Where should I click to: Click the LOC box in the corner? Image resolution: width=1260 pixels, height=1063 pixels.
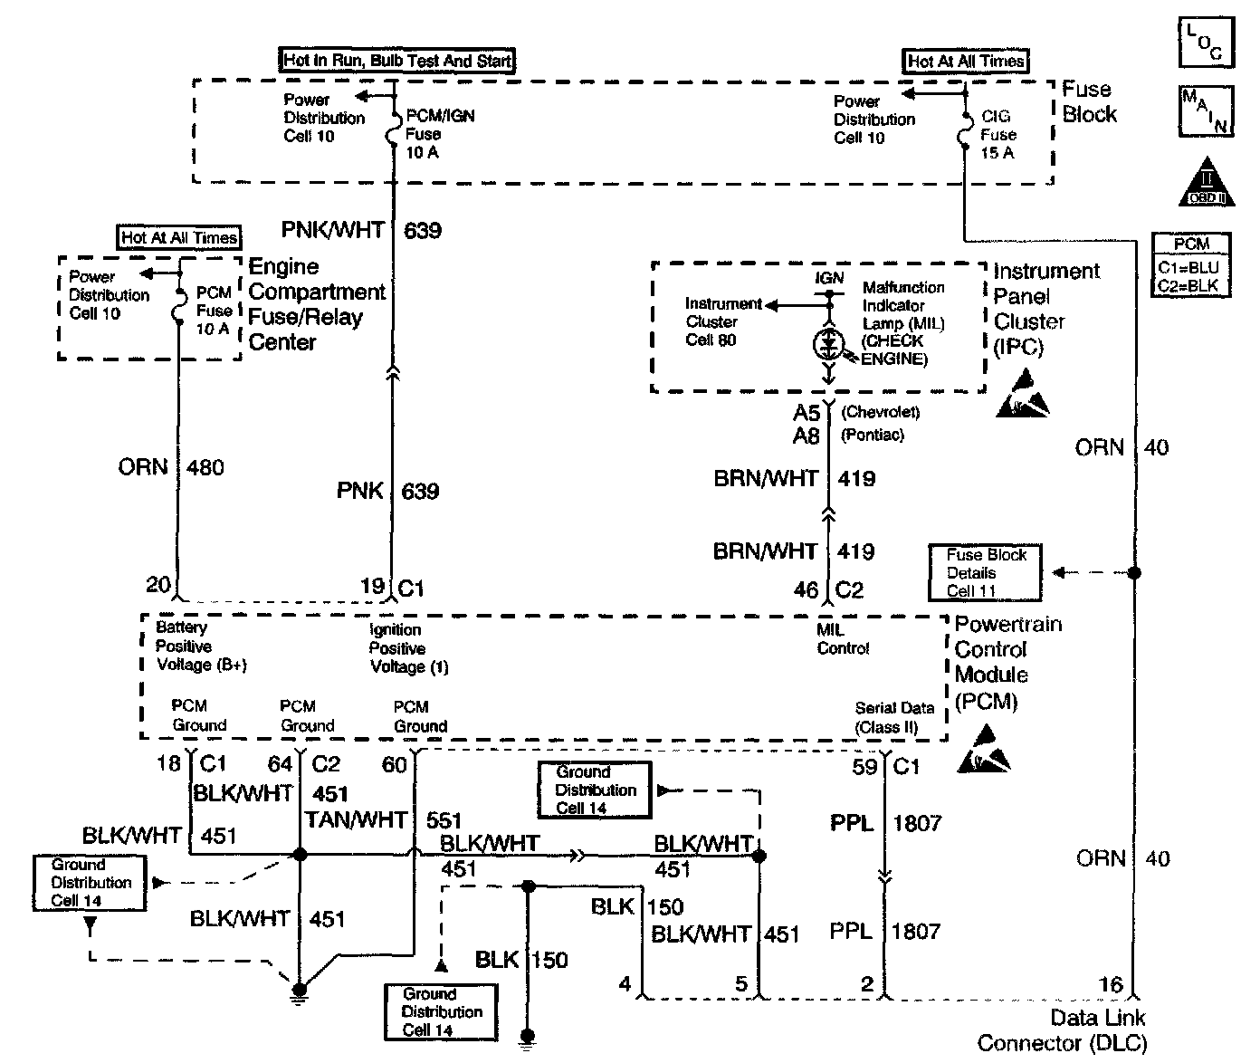[1206, 43]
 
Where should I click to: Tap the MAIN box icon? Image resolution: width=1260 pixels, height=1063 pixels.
[1206, 110]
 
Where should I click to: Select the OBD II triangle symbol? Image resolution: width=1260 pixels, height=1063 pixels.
[1207, 184]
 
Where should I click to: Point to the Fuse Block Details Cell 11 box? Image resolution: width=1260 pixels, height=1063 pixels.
[985, 572]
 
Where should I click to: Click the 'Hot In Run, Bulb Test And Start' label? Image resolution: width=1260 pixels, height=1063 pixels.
[397, 61]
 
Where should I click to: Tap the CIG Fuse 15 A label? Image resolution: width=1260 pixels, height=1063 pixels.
[997, 135]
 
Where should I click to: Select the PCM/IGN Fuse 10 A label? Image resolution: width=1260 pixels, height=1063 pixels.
[440, 134]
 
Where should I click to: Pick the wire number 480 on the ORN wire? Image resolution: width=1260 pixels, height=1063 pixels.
[205, 467]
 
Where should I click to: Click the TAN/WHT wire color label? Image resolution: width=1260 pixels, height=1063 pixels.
[357, 819]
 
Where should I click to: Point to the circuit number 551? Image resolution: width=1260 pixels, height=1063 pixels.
[444, 820]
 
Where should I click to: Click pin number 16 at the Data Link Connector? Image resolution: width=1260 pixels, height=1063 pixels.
[1110, 984]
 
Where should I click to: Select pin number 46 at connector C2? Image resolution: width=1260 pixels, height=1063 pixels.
[806, 590]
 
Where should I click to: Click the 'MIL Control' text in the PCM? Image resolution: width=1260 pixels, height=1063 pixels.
[843, 639]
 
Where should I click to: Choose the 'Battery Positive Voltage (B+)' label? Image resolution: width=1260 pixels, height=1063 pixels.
[201, 646]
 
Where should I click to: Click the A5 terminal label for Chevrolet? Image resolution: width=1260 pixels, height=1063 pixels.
[807, 413]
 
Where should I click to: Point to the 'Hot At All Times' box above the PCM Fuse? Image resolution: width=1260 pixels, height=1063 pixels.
[179, 237]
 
